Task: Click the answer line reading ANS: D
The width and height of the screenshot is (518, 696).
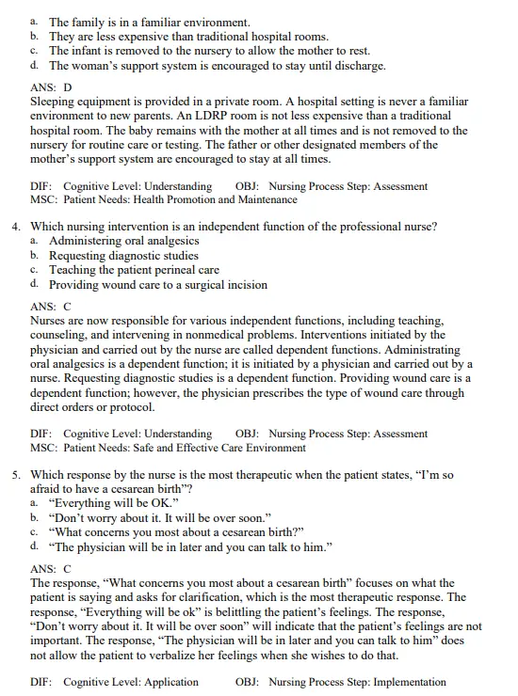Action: click(x=51, y=87)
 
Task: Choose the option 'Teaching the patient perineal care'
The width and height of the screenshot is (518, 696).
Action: click(x=134, y=269)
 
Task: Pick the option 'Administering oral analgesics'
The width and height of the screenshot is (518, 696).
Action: click(x=124, y=241)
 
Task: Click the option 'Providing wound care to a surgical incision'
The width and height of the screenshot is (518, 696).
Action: click(x=158, y=283)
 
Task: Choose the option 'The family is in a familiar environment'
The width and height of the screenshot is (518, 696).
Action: click(x=149, y=21)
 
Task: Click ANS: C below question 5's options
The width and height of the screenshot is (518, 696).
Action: click(x=51, y=569)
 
